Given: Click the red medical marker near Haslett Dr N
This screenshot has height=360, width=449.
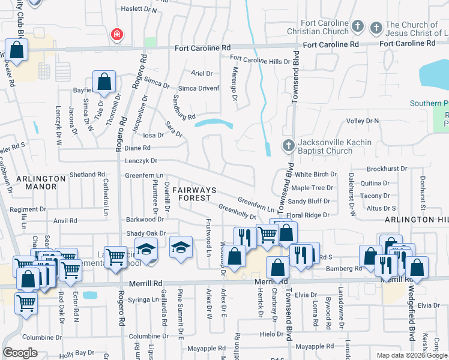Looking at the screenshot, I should pyautogui.click(x=116, y=35).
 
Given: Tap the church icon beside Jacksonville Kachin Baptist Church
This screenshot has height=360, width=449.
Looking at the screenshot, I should pyautogui.click(x=288, y=146).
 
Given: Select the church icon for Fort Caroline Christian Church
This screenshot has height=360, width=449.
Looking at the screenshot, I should pyautogui.click(x=358, y=26).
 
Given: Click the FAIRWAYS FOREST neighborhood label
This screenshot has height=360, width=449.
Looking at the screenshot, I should pyautogui.click(x=193, y=193).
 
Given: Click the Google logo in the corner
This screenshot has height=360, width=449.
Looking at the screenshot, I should pyautogui.click(x=20, y=352).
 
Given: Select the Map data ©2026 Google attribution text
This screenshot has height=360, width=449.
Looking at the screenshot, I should pyautogui.click(x=412, y=355).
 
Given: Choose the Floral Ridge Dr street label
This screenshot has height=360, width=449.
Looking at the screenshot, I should pyautogui.click(x=309, y=215).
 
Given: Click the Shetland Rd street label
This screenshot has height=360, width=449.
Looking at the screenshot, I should pyautogui.click(x=87, y=175).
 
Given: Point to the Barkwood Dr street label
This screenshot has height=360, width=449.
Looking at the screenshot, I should pyautogui.click(x=141, y=220).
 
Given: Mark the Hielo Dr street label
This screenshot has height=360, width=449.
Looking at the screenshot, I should pyautogui.click(x=271, y=334).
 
